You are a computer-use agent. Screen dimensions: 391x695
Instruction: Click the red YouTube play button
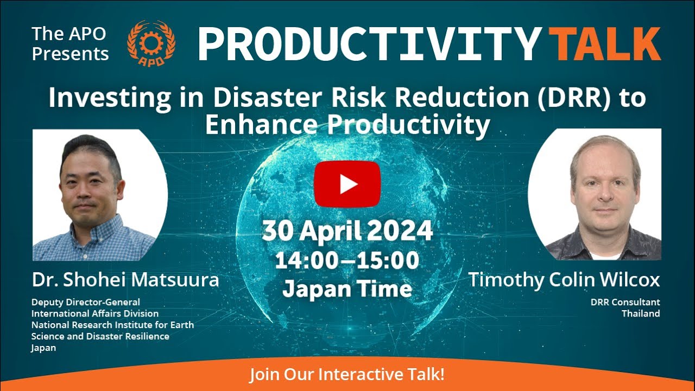pos(347,184)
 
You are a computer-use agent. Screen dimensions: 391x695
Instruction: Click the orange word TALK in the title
pos(604,44)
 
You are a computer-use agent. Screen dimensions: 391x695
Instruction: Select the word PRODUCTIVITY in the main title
pos(369,44)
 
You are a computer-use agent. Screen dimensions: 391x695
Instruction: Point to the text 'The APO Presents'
pos(71,44)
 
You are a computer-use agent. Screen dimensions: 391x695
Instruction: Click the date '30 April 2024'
pos(347,231)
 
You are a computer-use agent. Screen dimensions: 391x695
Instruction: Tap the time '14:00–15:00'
pos(347,261)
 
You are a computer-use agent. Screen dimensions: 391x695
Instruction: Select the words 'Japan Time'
pos(347,288)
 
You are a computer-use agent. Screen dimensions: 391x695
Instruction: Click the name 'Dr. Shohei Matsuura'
pos(125,280)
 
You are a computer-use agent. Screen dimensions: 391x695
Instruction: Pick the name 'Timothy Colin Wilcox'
pos(564,280)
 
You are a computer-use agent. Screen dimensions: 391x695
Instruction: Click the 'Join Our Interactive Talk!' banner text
pos(347,375)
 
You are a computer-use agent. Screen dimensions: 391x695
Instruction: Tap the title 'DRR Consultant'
pos(625,302)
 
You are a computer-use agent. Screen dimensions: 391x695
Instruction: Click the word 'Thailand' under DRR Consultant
pos(641,313)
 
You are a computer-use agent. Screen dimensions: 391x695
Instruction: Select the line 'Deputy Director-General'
pos(86,302)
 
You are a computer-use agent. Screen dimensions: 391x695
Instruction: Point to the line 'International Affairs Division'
pos(95,313)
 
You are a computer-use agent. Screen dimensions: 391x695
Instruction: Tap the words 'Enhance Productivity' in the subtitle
pos(347,125)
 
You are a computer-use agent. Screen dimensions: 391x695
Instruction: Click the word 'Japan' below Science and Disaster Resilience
pos(43,348)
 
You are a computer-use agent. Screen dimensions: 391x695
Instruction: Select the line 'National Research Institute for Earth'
pos(112,325)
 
